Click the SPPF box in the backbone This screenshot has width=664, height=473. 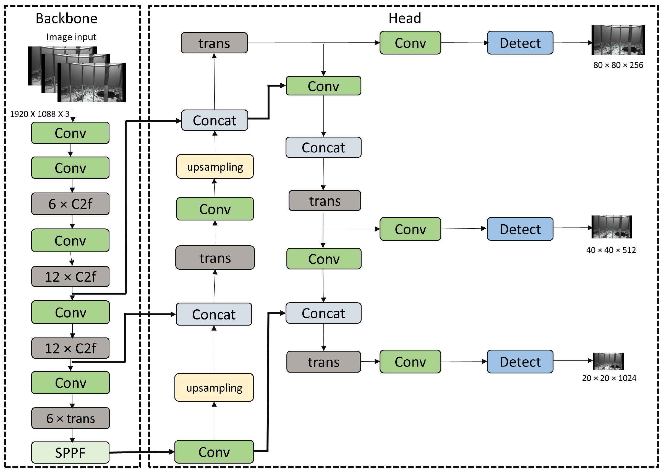pos(70,452)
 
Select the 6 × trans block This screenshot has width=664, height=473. pos(70,418)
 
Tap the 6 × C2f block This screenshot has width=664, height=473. pos(70,204)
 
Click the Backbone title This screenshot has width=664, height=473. pos(66,18)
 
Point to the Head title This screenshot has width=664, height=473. pos(405,18)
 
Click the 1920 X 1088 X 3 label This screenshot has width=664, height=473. pos(40,114)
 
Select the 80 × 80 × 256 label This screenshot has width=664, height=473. pos(618,65)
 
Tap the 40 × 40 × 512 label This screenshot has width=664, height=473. pos(611,250)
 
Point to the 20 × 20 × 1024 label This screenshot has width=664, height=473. pos(609,378)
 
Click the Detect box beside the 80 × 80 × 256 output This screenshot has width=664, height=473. pos(520,43)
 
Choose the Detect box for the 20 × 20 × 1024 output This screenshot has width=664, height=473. pos(520,362)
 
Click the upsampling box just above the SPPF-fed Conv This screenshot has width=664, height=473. pos(214,387)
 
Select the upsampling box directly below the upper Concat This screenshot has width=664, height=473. pos(215,166)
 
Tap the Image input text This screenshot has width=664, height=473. pos(71,37)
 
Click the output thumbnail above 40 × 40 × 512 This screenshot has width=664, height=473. pos(611,227)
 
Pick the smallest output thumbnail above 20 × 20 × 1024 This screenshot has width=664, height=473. pos(608,361)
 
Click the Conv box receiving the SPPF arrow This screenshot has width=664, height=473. pos(214,452)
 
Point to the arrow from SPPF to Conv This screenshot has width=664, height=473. pos(142,452)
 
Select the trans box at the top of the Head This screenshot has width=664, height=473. pos(214,43)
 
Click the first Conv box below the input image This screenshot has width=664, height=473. pos(70,133)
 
